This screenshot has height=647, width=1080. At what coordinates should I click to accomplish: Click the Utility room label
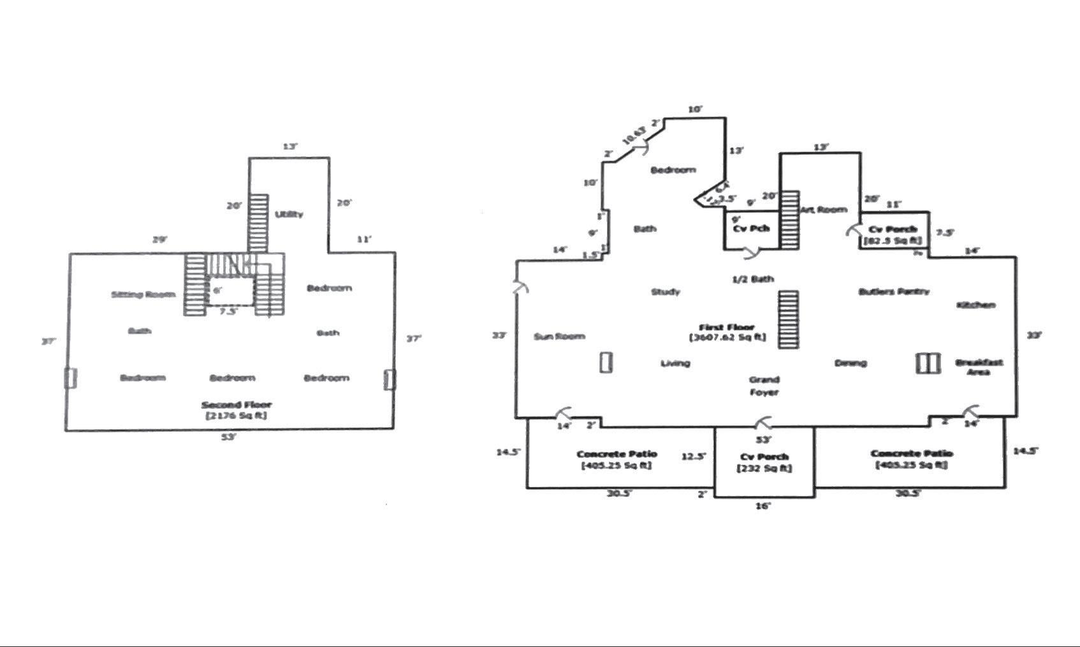click(x=289, y=214)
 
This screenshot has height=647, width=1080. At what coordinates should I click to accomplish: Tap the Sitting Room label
click(x=143, y=294)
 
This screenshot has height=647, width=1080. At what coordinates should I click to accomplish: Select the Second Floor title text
click(x=237, y=405)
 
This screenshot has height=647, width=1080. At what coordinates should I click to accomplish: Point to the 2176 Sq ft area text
click(x=237, y=416)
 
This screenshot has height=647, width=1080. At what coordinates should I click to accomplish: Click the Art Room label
click(x=824, y=210)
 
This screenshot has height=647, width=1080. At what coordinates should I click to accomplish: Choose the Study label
click(x=665, y=292)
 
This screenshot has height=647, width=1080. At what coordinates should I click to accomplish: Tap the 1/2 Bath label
click(x=753, y=279)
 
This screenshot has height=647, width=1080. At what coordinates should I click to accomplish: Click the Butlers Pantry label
click(x=894, y=291)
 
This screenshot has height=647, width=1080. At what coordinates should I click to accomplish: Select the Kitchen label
click(x=975, y=305)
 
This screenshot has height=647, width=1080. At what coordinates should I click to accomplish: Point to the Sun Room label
click(x=559, y=336)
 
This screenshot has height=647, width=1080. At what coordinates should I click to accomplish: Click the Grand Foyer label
click(x=764, y=386)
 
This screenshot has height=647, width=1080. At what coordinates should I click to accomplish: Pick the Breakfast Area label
click(x=979, y=367)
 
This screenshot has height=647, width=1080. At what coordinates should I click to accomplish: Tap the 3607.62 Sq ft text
click(x=727, y=337)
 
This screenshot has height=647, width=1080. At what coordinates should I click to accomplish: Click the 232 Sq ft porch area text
click(x=764, y=469)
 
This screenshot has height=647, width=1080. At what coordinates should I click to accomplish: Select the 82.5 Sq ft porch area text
click(x=893, y=241)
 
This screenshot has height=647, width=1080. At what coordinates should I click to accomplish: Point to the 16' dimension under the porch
click(x=763, y=505)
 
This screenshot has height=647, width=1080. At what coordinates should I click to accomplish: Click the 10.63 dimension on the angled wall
click(x=634, y=135)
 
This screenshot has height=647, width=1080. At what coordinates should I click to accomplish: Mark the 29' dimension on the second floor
click(x=159, y=240)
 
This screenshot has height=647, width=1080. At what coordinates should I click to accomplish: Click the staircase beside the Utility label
click(x=258, y=223)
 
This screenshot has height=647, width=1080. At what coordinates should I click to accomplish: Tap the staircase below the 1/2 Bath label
click(x=789, y=319)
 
